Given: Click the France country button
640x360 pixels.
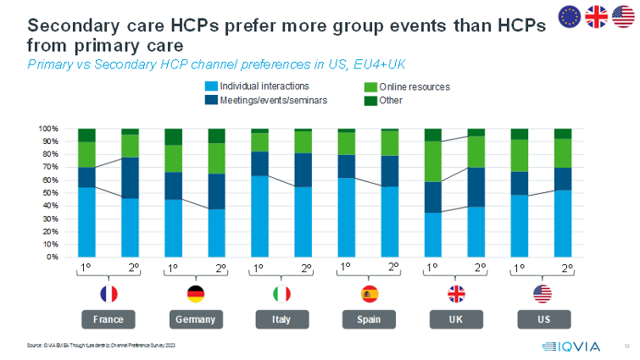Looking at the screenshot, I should click(108, 320).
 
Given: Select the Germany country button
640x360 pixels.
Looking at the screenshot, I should click(194, 320).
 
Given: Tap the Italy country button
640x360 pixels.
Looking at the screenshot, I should click(281, 320).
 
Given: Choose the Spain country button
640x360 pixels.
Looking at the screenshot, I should click(368, 320).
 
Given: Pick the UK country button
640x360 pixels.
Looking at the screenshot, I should click(455, 320).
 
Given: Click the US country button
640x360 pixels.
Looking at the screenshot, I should click(542, 320).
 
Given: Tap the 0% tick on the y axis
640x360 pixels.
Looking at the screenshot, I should click(50, 257).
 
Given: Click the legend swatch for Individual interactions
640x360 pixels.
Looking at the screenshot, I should click(211, 86).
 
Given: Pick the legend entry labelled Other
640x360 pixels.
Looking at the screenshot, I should click(392, 101).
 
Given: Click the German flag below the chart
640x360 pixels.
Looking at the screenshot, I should click(194, 294).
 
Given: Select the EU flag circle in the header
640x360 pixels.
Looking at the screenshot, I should click(569, 16).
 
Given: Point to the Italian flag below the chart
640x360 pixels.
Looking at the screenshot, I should click(281, 294).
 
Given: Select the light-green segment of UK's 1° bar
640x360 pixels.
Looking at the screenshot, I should click(433, 162).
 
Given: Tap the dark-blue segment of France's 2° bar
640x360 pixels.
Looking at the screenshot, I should click(130, 178).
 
